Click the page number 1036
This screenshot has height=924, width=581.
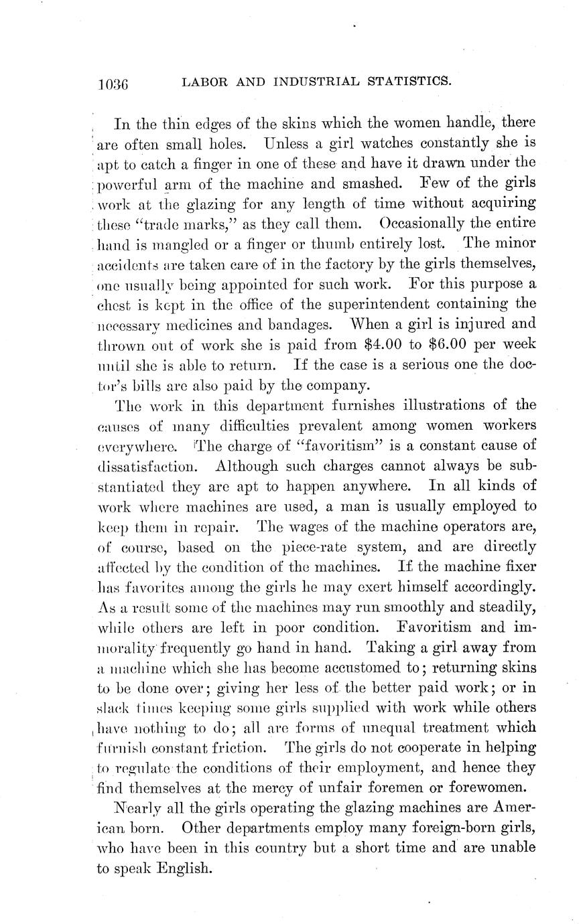[113, 84]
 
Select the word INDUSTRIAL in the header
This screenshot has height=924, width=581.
[314, 82]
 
